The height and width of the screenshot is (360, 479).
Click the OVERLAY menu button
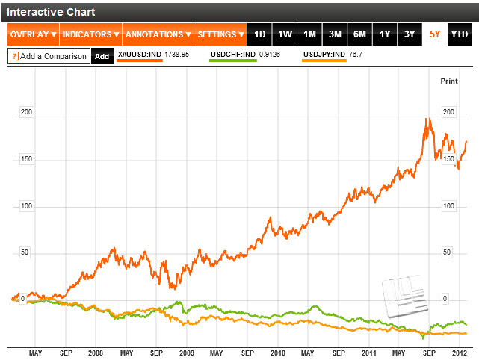pos(33,34)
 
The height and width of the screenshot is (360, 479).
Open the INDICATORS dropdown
pos(90,34)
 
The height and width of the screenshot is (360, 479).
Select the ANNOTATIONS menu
pos(158,34)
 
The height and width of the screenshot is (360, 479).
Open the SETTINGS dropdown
pos(221,34)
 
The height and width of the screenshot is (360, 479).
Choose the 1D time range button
pos(260,34)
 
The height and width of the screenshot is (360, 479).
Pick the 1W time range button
pos(285,34)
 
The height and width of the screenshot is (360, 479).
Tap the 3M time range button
pos(335,34)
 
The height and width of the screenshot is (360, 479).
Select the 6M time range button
pos(359,34)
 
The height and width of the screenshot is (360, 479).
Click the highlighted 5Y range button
pos(435,34)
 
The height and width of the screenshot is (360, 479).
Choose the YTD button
pos(459,34)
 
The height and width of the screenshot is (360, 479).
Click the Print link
pos(448,80)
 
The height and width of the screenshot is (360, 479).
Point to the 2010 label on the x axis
pos(277,352)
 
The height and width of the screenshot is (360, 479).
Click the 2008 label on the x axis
pos(95,352)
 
